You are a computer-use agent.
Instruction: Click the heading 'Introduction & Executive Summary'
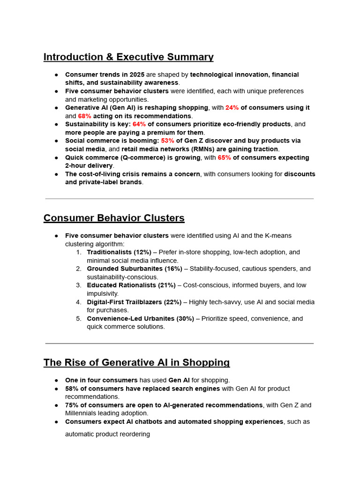coord(128,57)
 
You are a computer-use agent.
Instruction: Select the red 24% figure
coord(232,108)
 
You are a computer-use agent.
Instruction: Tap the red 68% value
coord(84,116)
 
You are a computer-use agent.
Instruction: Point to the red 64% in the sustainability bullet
coord(139,124)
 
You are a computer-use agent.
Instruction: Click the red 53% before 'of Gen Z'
coord(167,141)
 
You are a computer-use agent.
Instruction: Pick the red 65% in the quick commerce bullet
coord(224,157)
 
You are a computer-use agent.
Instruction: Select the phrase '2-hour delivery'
coord(89,166)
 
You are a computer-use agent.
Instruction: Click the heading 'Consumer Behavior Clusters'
coord(114,218)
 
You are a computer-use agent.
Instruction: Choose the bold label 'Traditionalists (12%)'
coord(119,252)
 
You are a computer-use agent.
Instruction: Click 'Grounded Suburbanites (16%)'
coord(135,269)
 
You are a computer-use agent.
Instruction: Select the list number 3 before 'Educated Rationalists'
coord(78,285)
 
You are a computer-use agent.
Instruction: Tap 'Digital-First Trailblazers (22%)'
coord(134,302)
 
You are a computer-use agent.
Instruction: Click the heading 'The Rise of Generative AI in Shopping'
coord(136,363)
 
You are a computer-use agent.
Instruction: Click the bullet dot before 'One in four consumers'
coord(56,380)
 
